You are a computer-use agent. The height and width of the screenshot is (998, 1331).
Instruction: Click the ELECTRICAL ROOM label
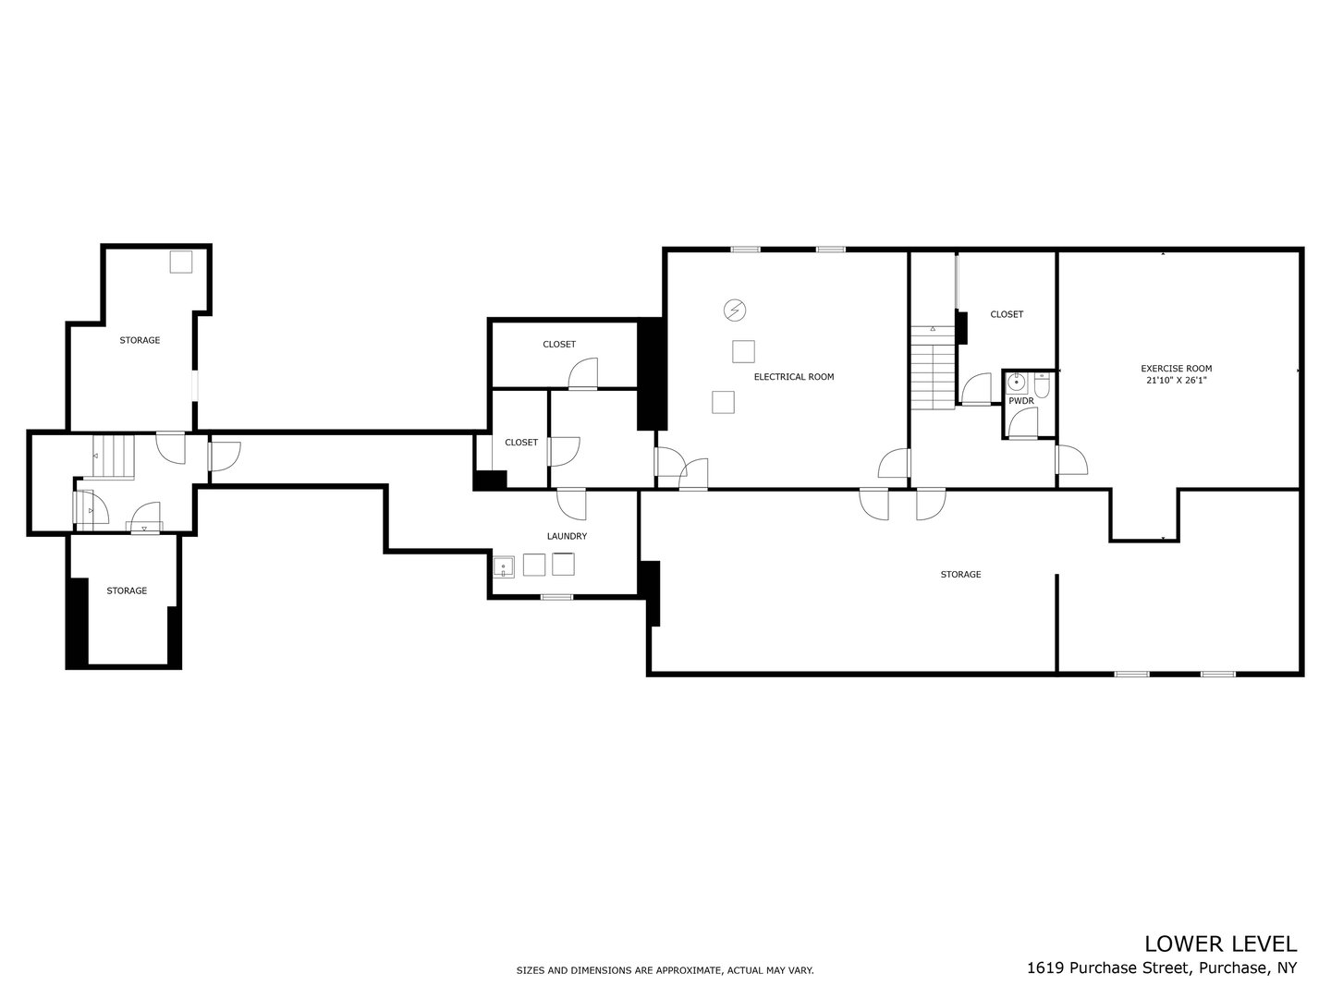[793, 377]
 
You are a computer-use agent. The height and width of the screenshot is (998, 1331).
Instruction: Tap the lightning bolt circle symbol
[735, 310]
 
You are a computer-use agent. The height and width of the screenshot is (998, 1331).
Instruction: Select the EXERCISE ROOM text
[1176, 369]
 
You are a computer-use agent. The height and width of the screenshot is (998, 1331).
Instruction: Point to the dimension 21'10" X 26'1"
[1176, 380]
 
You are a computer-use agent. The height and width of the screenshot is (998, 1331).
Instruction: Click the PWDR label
[1020, 401]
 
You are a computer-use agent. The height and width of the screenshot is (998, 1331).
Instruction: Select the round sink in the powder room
[1016, 382]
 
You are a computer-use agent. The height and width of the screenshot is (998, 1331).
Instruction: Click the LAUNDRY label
[567, 536]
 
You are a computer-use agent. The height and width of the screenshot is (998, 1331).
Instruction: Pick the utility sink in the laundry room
[504, 566]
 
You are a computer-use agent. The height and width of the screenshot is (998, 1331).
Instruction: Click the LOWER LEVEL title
[1220, 943]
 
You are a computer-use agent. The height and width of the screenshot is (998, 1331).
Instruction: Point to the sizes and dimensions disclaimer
[665, 970]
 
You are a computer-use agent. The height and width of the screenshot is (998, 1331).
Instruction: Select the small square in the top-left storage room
[181, 262]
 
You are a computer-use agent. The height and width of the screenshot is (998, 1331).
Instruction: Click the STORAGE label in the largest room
[960, 575]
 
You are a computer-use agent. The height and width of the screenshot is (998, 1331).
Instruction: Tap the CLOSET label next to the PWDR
[1007, 314]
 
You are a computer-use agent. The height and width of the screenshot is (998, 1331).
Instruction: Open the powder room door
[1022, 424]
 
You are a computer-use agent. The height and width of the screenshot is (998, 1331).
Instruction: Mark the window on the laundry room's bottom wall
[556, 597]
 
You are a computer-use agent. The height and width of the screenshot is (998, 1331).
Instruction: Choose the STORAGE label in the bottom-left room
[127, 590]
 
